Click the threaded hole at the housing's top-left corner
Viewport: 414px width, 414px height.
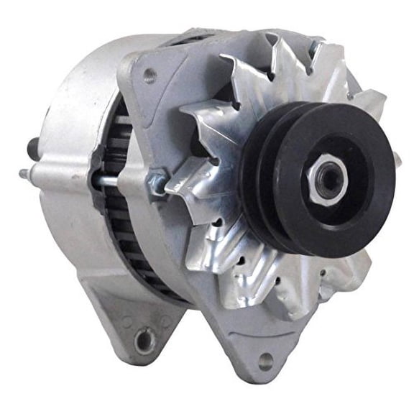tap(149, 72)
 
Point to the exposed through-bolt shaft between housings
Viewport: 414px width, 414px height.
tap(108, 179)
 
